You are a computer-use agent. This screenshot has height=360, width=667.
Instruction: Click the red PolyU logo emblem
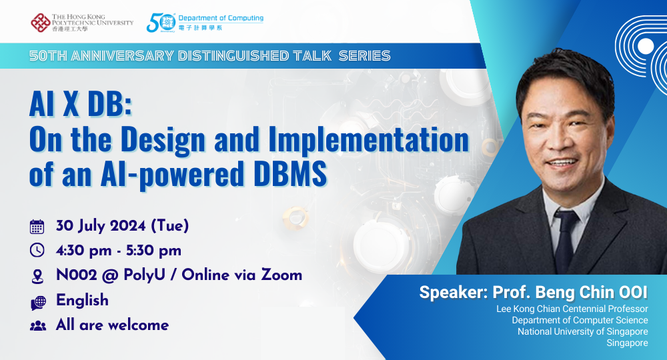[41, 23]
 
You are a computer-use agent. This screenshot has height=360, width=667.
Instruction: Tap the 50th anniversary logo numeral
[161, 23]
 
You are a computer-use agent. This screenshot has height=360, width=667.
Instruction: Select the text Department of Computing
[221, 18]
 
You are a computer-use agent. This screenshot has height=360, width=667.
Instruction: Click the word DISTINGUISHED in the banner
[233, 56]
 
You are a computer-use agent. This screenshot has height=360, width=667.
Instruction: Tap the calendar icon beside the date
[37, 227]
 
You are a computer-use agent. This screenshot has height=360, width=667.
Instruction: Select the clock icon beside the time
[37, 251]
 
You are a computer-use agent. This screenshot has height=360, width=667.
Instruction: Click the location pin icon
[37, 276]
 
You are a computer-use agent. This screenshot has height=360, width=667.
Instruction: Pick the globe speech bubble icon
[38, 303]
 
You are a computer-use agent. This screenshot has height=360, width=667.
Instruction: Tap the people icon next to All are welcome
[38, 326]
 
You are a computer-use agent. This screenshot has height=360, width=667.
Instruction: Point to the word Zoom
[281, 275]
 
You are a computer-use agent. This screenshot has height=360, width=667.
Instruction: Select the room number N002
[77, 275]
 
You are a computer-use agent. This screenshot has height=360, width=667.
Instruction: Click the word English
[82, 301]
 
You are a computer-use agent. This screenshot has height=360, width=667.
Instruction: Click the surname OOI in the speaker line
[633, 293]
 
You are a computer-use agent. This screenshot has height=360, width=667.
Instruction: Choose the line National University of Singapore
[583, 331]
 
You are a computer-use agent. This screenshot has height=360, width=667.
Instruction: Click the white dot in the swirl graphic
[645, 46]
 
